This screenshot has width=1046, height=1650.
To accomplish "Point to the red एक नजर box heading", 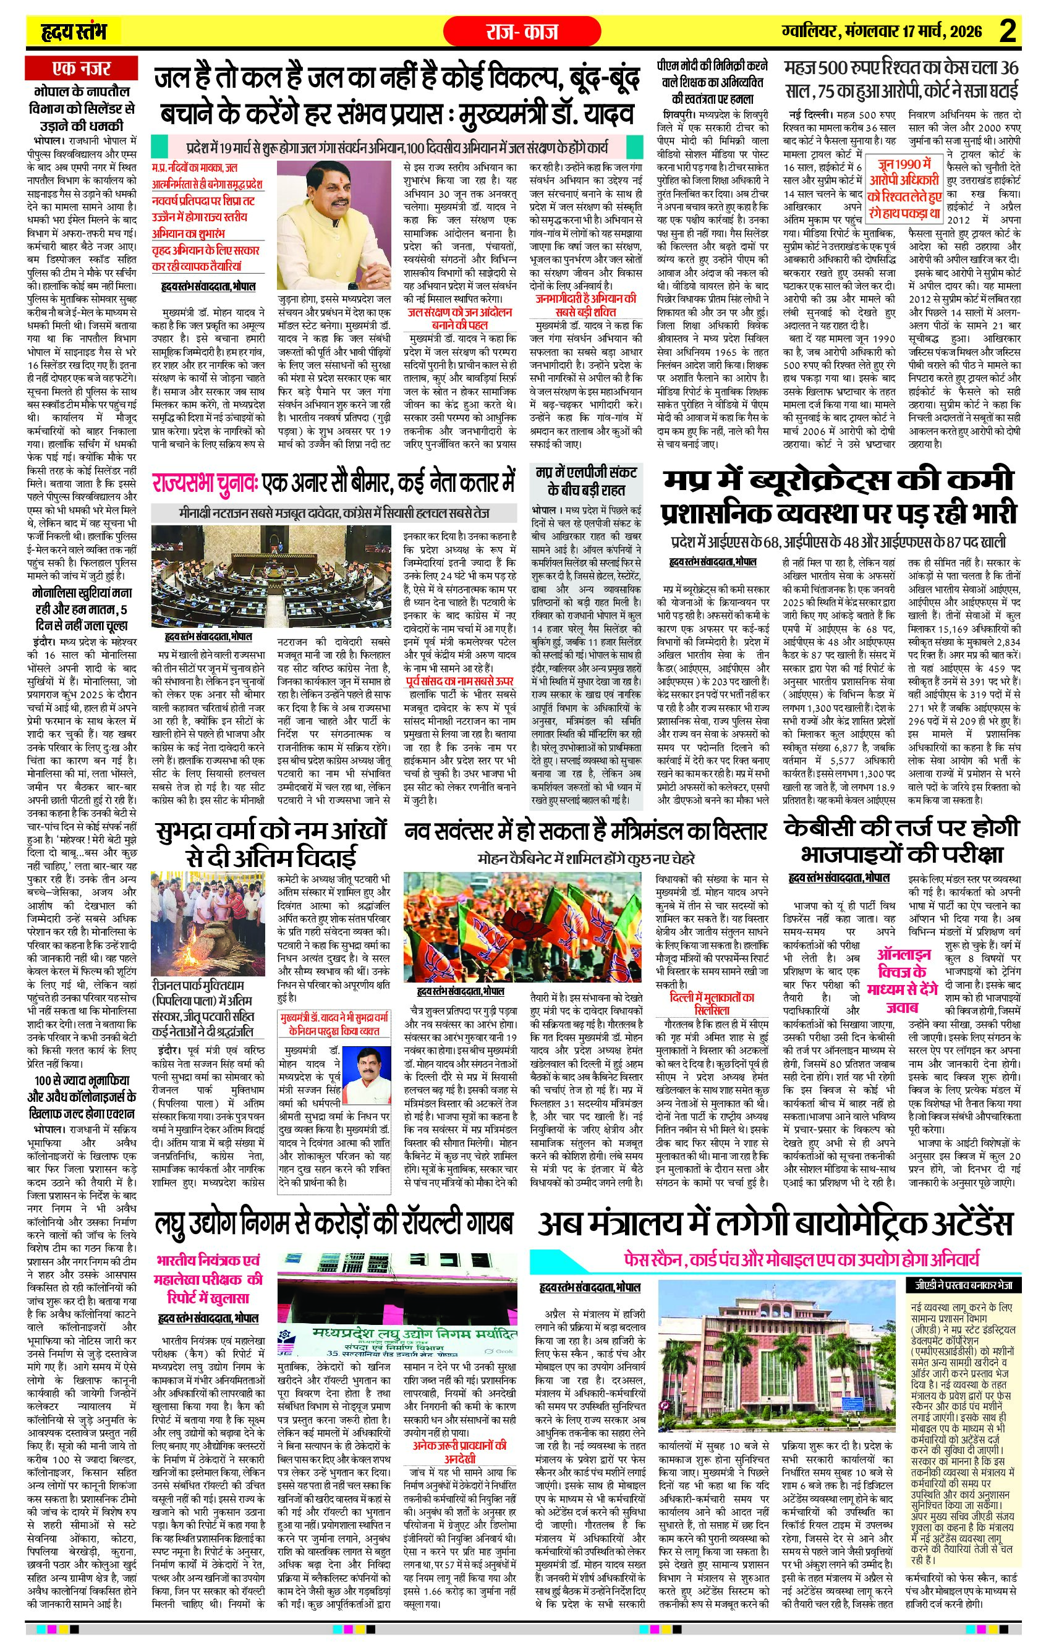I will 82,69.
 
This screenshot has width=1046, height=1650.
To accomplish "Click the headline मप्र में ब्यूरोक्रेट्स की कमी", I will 840,480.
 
